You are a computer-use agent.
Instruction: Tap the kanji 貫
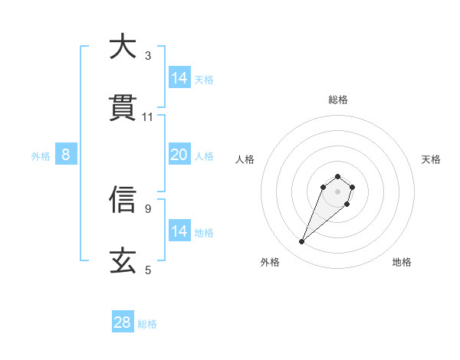pyautogui.click(x=123, y=108)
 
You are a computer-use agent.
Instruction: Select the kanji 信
pyautogui.click(x=123, y=199)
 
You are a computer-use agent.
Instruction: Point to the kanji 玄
pyautogui.click(x=123, y=261)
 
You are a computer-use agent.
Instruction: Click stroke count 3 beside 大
pyautogui.click(x=148, y=55)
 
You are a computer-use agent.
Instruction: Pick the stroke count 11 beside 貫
pyautogui.click(x=148, y=117)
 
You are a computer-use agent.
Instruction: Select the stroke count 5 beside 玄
pyautogui.click(x=148, y=270)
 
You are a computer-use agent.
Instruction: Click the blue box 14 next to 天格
pyautogui.click(x=179, y=78)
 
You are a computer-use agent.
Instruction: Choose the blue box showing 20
pyautogui.click(x=179, y=155)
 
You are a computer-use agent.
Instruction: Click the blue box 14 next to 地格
pyautogui.click(x=179, y=231)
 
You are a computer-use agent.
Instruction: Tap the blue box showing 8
pyautogui.click(x=66, y=155)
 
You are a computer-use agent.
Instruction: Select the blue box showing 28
pyautogui.click(x=123, y=322)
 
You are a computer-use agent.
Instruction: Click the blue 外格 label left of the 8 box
pyautogui.click(x=41, y=156)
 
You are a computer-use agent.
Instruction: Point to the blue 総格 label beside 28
pyautogui.click(x=148, y=324)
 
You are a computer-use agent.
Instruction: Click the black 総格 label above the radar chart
pyautogui.click(x=338, y=100)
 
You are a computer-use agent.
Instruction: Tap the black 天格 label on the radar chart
pyautogui.click(x=432, y=159)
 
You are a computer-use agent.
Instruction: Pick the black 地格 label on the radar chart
pyautogui.click(x=402, y=262)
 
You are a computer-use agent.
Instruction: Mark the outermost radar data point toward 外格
pyautogui.click(x=302, y=242)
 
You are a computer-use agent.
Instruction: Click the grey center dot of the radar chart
pyautogui.click(x=338, y=191)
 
